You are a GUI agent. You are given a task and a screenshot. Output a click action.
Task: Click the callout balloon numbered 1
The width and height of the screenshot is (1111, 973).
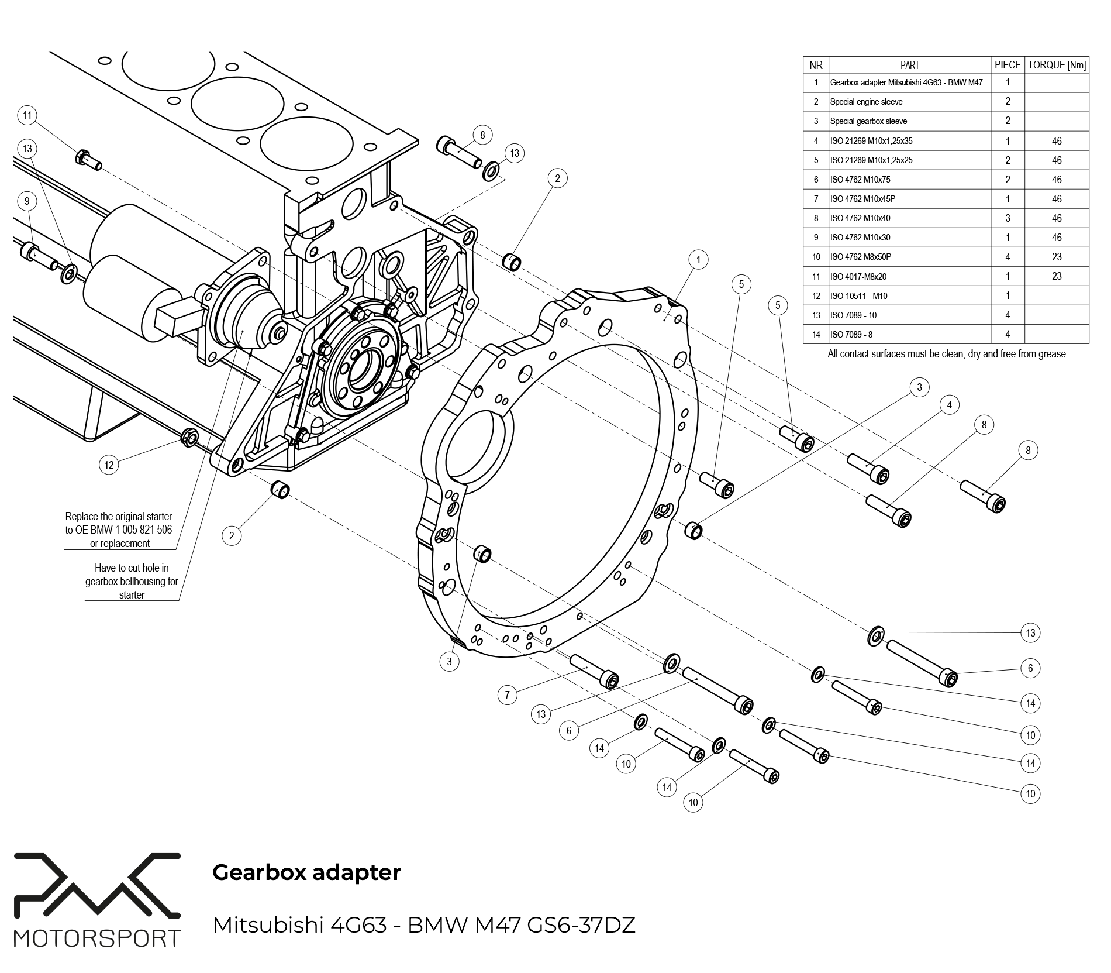point(698,259)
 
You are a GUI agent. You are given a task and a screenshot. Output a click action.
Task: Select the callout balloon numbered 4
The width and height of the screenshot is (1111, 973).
point(949,404)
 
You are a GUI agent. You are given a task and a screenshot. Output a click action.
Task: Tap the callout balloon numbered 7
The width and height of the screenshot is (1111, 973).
point(507,694)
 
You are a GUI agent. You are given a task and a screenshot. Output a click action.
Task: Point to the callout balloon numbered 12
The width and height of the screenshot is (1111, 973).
point(109,465)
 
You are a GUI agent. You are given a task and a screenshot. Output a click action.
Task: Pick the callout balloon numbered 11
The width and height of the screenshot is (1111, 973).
point(27,115)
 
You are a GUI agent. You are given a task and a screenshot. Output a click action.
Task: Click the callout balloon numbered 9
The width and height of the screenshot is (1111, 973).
point(27,201)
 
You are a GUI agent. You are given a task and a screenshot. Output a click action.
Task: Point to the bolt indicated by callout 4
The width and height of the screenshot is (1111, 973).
point(869,468)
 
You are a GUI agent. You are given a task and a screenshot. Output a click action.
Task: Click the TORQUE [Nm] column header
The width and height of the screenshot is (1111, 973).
point(1057,65)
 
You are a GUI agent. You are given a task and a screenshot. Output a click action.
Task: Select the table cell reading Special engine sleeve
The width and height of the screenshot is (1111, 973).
point(866,102)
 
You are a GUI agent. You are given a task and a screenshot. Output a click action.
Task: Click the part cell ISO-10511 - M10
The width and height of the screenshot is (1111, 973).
point(858,296)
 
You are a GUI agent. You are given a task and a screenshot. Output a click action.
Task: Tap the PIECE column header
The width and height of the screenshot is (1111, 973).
point(1008,65)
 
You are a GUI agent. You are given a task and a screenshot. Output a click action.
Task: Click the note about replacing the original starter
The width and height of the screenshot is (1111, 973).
point(119,530)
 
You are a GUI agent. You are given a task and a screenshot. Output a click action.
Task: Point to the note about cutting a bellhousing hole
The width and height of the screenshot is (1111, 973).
point(132,581)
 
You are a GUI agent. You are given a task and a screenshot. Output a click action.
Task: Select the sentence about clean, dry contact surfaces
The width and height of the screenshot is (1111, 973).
point(947,354)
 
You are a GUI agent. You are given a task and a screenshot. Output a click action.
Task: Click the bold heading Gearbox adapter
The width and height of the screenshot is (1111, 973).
point(306,872)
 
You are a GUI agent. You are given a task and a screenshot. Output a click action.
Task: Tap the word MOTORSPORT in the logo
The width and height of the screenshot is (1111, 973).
point(97,938)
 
